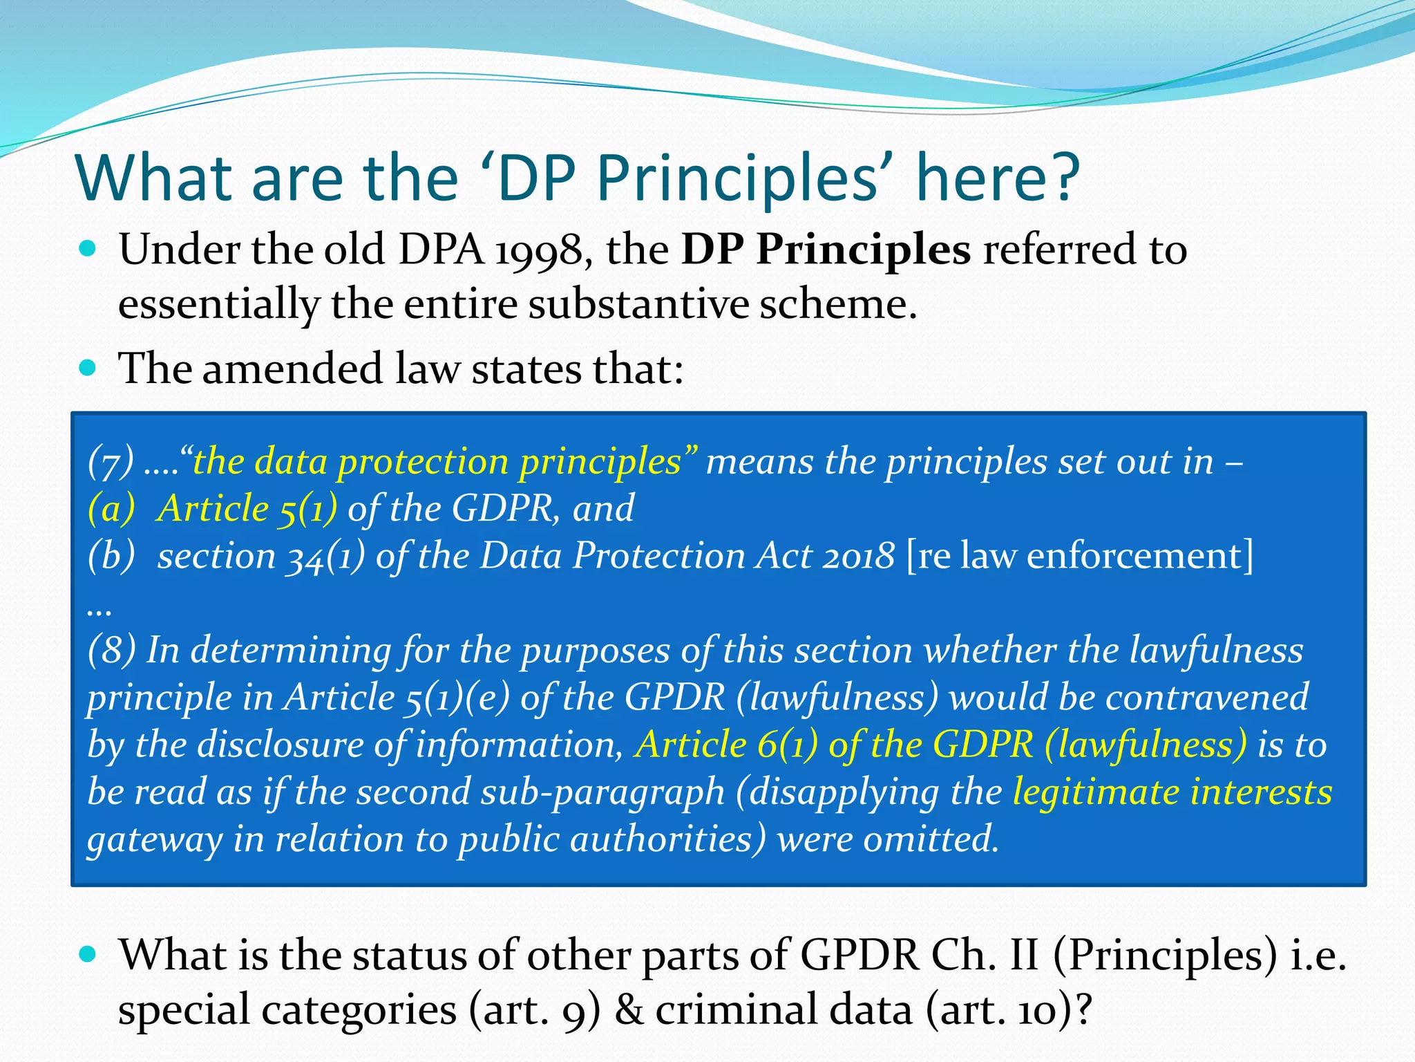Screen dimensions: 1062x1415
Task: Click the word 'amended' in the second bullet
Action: click(292, 368)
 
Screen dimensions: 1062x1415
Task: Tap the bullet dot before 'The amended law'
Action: click(88, 367)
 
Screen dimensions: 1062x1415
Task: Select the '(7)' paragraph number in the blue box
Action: click(110, 462)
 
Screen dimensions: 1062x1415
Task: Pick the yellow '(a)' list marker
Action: click(111, 509)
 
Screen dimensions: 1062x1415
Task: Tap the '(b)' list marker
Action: click(111, 556)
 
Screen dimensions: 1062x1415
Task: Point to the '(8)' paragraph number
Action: click(111, 651)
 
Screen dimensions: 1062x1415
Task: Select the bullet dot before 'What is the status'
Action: click(88, 955)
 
